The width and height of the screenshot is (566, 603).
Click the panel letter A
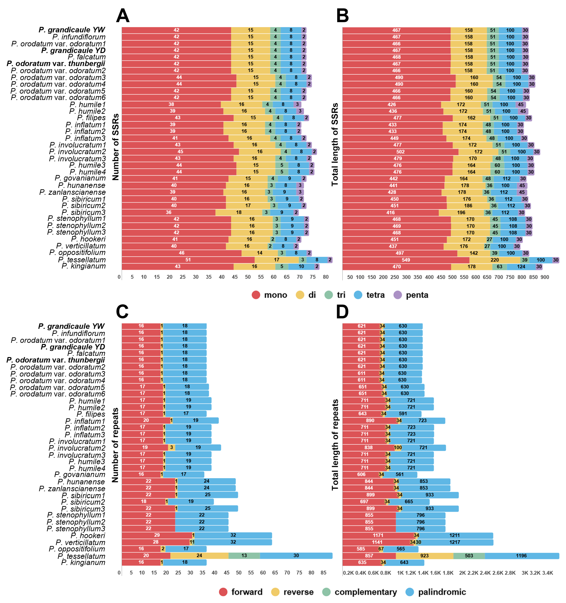click(x=123, y=16)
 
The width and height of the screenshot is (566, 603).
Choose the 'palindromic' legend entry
click(x=436, y=592)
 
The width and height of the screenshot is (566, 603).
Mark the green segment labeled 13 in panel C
click(x=244, y=555)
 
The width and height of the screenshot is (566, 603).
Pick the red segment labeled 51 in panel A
click(x=188, y=260)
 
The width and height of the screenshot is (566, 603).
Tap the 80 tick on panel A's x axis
click(x=326, y=277)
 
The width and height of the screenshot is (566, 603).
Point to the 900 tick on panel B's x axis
click(x=545, y=277)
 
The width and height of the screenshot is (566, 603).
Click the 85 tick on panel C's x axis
click(x=323, y=573)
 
